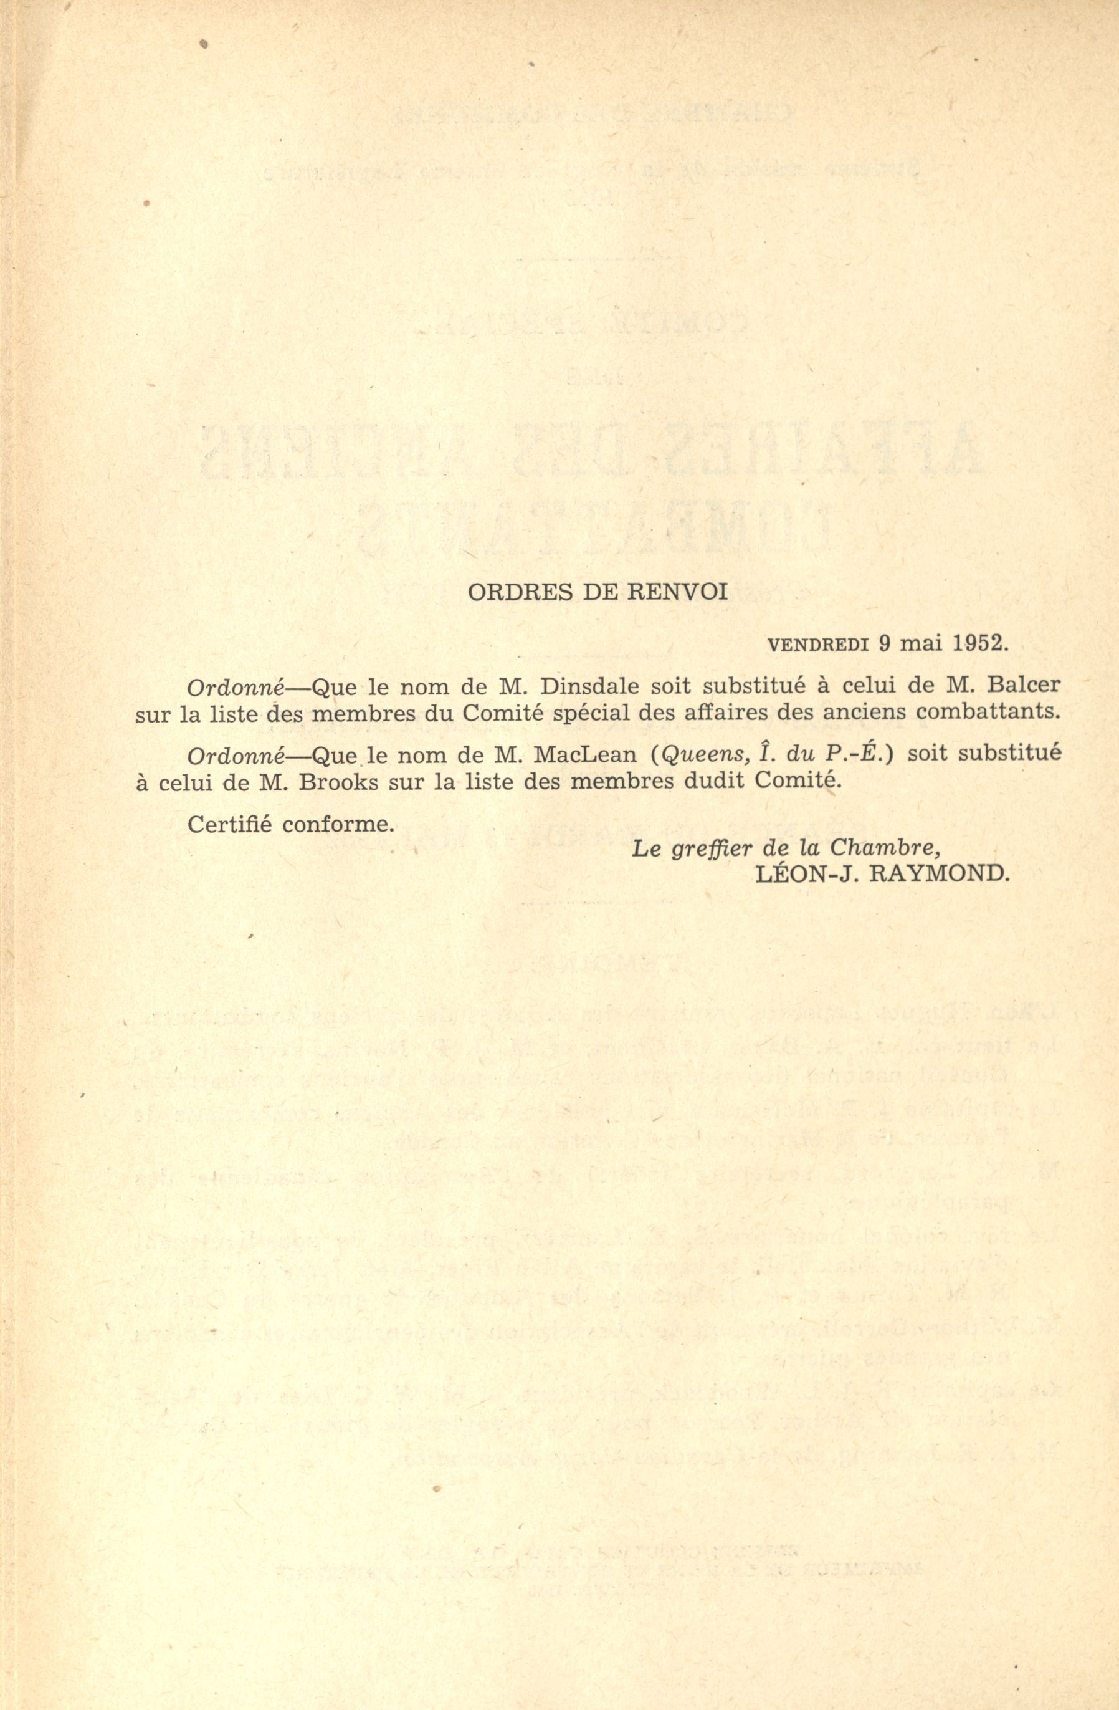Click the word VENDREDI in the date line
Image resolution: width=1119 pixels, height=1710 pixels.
pos(819,644)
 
